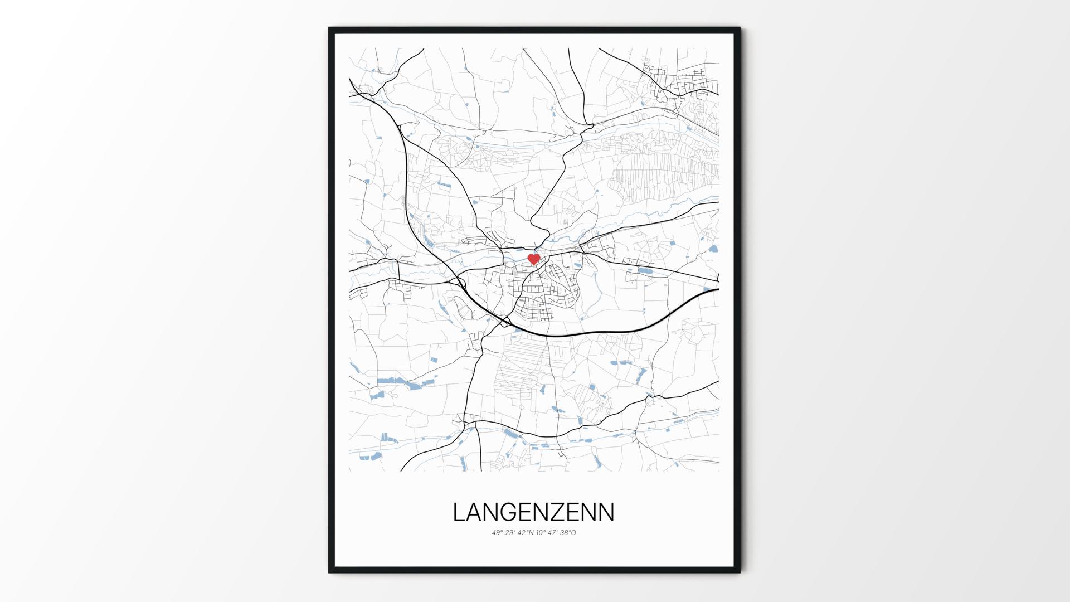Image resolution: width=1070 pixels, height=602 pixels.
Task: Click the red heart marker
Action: click(533, 259)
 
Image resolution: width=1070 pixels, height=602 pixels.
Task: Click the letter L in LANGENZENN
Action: click(459, 512)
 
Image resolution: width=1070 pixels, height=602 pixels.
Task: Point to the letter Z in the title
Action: click(560, 512)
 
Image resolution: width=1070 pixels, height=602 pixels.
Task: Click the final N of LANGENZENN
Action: click(606, 512)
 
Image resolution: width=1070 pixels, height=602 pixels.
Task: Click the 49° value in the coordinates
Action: click(497, 532)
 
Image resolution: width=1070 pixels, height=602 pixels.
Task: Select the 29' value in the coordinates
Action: click(510, 532)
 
